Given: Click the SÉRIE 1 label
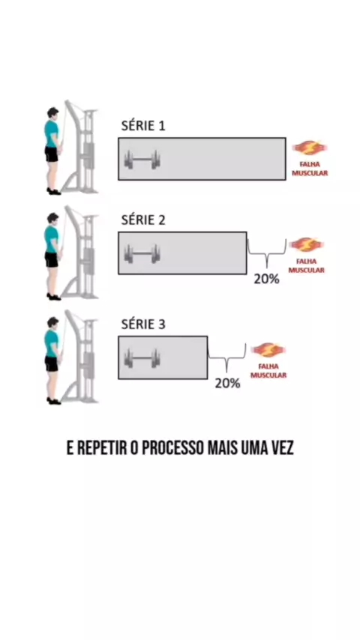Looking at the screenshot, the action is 143,125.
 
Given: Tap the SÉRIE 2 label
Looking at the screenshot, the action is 143,220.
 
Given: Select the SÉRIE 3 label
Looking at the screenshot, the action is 143,324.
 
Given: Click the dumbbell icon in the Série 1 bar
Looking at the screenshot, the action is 142,160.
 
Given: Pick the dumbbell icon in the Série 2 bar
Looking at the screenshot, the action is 142,253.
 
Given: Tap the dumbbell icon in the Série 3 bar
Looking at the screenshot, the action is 142,358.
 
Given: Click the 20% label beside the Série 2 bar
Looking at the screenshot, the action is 266,280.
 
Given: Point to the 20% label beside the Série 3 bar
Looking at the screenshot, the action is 227,383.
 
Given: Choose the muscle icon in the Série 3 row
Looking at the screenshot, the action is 268,350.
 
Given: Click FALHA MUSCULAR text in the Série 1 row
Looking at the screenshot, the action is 309,169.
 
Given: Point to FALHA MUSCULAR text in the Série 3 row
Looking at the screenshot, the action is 268,371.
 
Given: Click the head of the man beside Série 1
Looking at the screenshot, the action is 52,113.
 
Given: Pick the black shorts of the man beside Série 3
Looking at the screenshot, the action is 52,363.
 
